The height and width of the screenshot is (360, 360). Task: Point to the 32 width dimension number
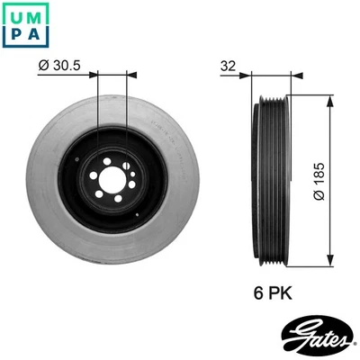[x=229, y=67]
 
